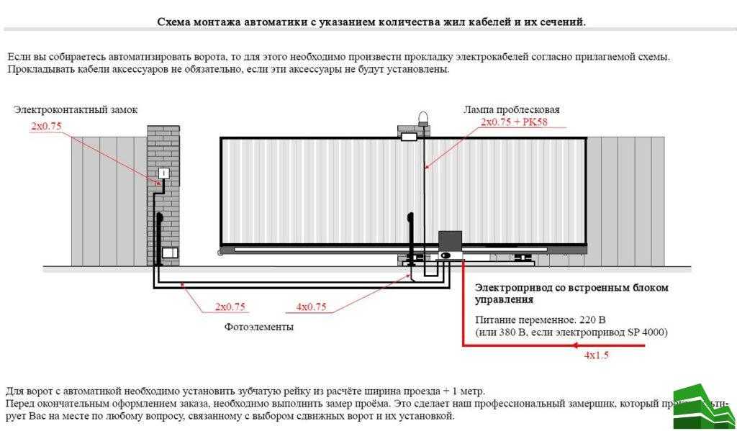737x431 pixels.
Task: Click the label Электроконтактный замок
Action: coord(75,110)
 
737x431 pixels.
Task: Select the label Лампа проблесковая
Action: coord(511,110)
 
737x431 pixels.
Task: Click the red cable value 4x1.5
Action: coord(597,355)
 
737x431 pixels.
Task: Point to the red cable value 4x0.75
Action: coord(311,307)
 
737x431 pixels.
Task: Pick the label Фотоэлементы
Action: coord(258,327)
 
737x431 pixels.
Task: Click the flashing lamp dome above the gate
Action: coord(422,117)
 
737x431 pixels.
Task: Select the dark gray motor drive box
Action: coord(450,241)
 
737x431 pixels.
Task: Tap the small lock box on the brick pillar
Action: coord(163,173)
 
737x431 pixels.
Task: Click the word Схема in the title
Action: coord(173,22)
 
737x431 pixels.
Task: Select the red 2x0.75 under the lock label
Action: coord(46,126)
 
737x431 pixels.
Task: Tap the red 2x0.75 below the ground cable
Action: coord(230,307)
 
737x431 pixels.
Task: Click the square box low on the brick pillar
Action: coord(170,253)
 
